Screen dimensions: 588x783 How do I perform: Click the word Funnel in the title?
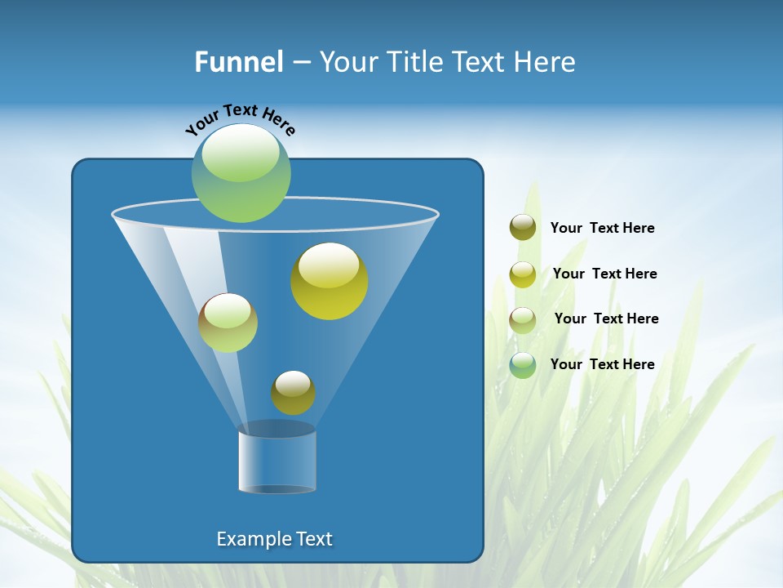(x=239, y=61)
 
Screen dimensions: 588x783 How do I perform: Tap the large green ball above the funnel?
(x=241, y=173)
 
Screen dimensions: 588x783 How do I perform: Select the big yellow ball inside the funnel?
(x=330, y=282)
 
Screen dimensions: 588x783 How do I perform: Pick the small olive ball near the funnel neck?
(x=293, y=393)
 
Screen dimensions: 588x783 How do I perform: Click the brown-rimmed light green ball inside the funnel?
(x=228, y=323)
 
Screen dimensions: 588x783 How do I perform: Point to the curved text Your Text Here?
(x=241, y=118)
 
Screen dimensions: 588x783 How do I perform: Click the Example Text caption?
(x=274, y=539)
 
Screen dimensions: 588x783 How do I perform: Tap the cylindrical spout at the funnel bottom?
(x=277, y=459)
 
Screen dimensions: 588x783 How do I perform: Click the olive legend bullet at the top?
(x=523, y=228)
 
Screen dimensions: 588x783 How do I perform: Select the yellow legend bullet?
(x=523, y=274)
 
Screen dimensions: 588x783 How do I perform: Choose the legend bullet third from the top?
(x=523, y=320)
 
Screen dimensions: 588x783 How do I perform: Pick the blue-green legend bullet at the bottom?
(x=523, y=365)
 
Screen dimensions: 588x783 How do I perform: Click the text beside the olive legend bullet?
(x=602, y=229)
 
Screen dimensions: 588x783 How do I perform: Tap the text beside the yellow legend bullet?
(x=604, y=274)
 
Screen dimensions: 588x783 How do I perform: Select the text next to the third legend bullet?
(x=606, y=318)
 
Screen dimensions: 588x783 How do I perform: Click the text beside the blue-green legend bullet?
(x=602, y=364)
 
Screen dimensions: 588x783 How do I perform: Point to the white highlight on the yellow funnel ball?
(x=330, y=265)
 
